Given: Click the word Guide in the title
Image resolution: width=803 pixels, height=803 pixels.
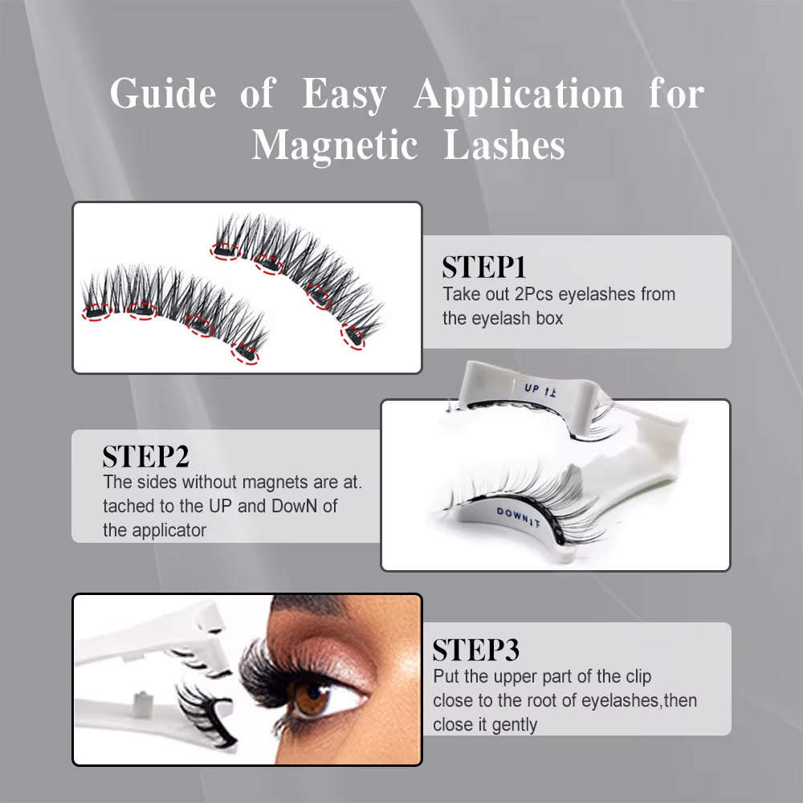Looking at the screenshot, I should (x=163, y=95).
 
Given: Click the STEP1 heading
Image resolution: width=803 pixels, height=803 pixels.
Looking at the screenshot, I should (x=483, y=267).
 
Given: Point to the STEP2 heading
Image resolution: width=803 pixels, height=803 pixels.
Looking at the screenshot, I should (x=145, y=457).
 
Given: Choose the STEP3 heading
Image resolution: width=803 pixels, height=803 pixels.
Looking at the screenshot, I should (x=475, y=650).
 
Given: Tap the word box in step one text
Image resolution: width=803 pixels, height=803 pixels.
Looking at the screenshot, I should (x=548, y=318).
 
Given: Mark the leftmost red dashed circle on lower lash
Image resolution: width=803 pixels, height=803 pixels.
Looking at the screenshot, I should (x=96, y=311).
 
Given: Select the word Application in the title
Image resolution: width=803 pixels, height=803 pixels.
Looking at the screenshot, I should (x=519, y=95).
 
